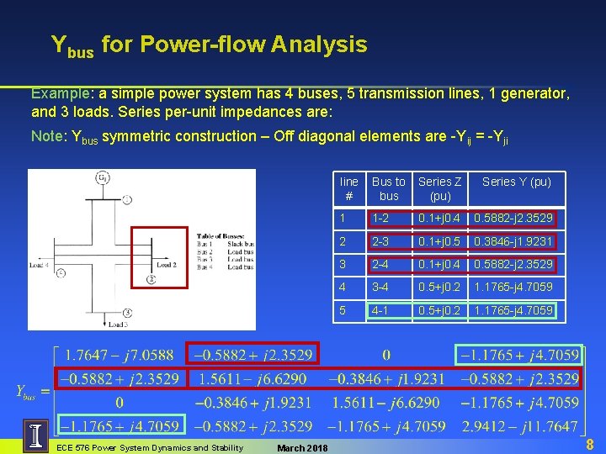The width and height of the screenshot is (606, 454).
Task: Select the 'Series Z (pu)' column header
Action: tap(440, 188)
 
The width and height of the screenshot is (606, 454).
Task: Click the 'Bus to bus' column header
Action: tap(388, 188)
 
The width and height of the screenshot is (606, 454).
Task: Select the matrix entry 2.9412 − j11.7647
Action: tap(518, 427)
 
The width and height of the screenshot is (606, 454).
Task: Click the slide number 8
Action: tap(588, 443)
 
